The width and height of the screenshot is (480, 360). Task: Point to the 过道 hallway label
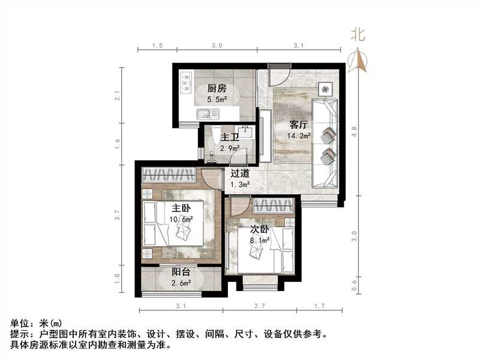[242, 173]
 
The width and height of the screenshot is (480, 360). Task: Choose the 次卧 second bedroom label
[260, 229]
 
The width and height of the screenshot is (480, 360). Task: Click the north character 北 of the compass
[358, 35]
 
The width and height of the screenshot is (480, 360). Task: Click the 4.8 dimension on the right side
[354, 132]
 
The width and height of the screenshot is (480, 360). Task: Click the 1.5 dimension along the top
[157, 46]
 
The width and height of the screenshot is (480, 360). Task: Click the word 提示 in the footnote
[20, 334]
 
